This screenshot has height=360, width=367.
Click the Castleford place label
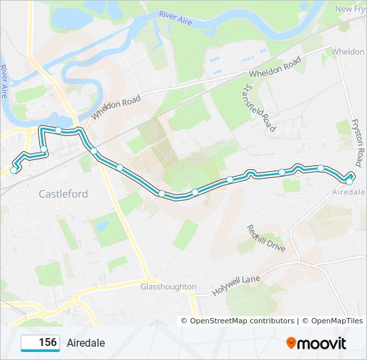(63, 194)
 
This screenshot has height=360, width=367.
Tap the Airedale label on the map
(348, 192)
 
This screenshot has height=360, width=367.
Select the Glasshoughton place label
(168, 287)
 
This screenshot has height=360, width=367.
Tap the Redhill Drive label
(265, 238)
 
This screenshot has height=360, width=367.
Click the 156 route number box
(41, 343)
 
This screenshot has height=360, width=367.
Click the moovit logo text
(322, 343)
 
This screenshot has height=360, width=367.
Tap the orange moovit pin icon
(291, 343)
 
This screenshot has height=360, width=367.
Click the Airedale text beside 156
(85, 343)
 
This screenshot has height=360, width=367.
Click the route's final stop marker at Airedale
(349, 181)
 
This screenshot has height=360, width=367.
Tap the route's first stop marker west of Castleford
(13, 171)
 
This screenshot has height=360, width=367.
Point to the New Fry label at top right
(350, 9)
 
